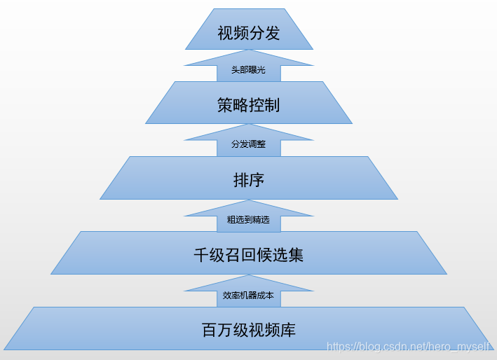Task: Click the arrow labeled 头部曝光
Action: tap(249, 62)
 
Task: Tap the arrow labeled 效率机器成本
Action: tap(249, 287)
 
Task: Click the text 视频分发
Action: tap(249, 33)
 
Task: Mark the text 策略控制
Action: tap(249, 105)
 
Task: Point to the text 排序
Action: tap(249, 180)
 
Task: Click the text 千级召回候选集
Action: tap(249, 255)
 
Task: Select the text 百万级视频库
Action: tap(249, 330)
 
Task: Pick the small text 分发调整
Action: tap(249, 144)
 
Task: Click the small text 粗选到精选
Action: tap(249, 220)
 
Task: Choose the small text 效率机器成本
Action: tap(249, 296)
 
